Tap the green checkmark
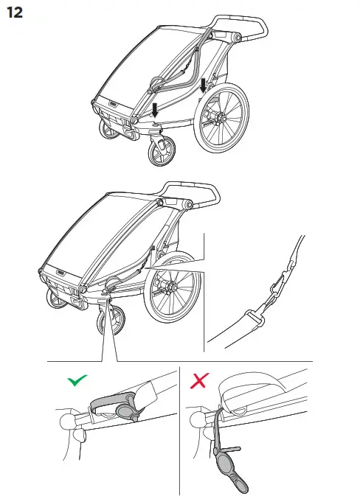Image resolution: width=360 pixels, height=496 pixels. pyautogui.click(x=76, y=381)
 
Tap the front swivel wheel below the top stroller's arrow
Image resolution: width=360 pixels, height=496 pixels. pyautogui.click(x=159, y=154)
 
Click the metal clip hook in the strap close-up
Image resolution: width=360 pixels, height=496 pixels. pyautogui.click(x=278, y=284)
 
